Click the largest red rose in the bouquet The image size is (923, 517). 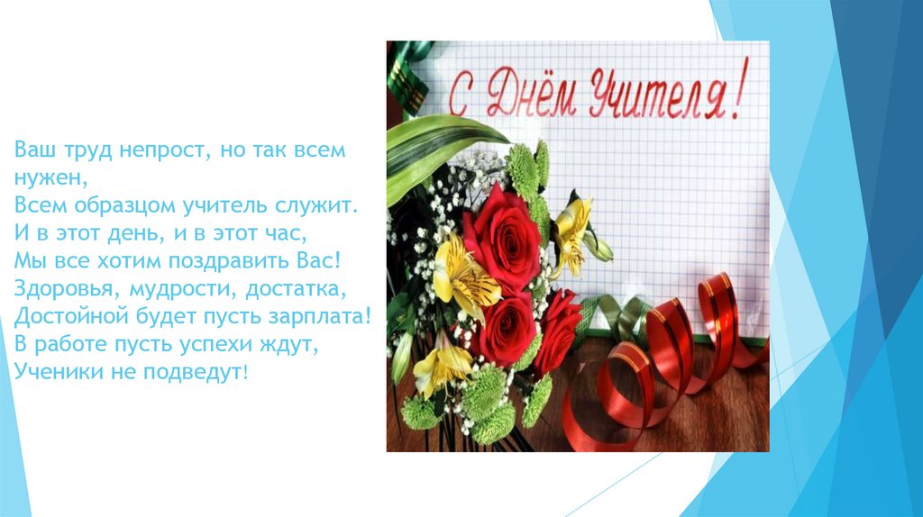pyautogui.click(x=501, y=238)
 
